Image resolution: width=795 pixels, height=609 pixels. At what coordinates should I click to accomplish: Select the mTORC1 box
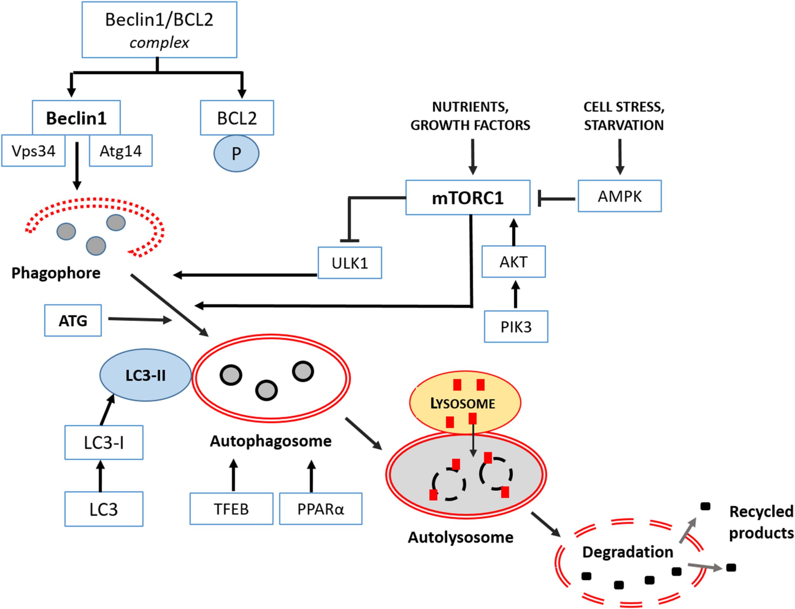[x=468, y=197]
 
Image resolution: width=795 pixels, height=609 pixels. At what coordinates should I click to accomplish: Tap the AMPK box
[x=619, y=196]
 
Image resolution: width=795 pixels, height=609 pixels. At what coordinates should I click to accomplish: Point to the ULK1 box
[x=349, y=263]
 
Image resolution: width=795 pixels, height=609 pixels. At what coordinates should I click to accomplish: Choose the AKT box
[x=513, y=262]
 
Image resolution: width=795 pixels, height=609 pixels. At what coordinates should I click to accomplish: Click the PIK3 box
[x=515, y=327]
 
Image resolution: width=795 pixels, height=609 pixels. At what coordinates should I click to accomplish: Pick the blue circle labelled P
[x=236, y=154]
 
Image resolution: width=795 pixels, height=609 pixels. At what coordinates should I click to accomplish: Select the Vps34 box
[x=33, y=151]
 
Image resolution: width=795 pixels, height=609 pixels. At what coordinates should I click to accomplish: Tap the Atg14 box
[x=121, y=151]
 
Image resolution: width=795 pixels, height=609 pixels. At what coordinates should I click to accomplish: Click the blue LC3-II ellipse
[x=145, y=375]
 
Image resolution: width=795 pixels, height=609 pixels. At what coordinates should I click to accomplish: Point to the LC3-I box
[x=104, y=443]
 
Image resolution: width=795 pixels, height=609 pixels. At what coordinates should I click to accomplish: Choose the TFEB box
[x=231, y=509]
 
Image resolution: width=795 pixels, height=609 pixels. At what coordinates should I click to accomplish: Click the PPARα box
[x=321, y=509]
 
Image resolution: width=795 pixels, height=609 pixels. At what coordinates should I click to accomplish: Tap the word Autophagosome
[x=270, y=441]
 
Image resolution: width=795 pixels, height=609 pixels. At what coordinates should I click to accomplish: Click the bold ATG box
[x=73, y=321]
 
